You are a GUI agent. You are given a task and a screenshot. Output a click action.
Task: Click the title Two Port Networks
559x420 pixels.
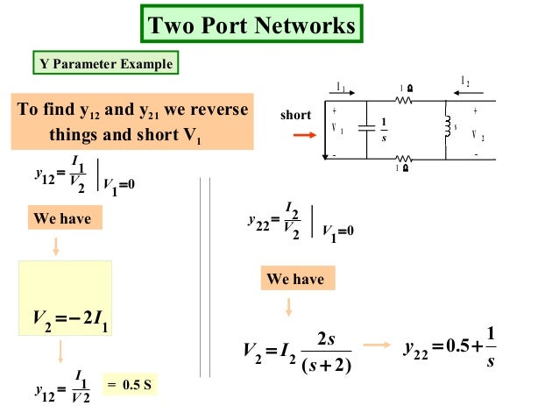252,25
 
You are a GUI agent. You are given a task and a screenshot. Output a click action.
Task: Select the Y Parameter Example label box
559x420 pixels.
103,64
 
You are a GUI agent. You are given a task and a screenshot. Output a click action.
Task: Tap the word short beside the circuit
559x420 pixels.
295,115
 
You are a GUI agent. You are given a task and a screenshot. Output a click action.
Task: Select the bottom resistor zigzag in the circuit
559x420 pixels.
404,158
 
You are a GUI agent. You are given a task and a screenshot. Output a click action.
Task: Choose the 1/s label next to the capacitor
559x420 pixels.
384,129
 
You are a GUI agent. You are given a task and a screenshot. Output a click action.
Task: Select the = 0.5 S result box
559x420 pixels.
131,384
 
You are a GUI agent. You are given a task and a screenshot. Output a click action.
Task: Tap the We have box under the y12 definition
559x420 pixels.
61,217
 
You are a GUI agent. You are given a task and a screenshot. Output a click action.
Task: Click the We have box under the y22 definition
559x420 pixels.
295,280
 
